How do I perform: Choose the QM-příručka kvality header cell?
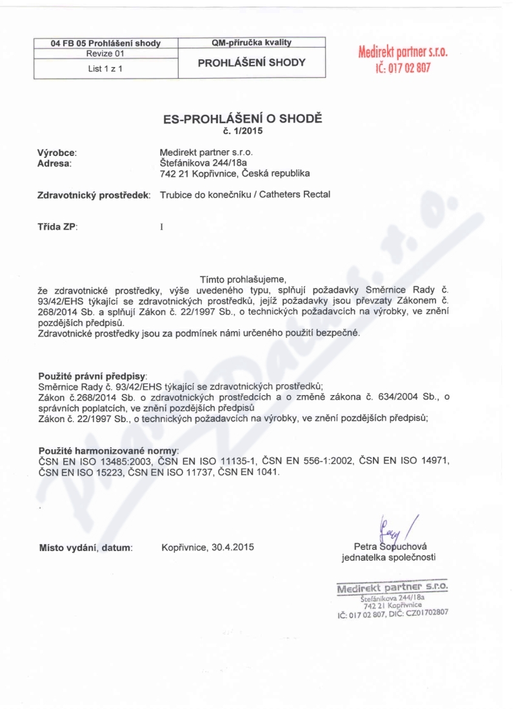tap(252, 43)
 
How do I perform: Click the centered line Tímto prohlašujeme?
tap(243, 279)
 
